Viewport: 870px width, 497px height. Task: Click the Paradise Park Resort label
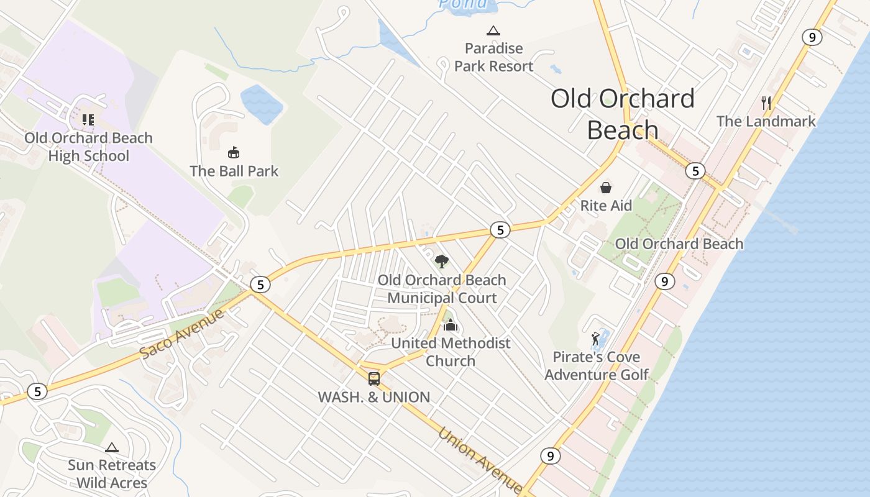point(493,57)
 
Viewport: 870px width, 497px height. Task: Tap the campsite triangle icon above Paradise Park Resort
point(493,30)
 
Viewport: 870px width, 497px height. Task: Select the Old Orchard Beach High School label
point(88,147)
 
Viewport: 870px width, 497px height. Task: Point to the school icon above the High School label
point(88,119)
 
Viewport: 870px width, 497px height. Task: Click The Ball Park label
point(234,171)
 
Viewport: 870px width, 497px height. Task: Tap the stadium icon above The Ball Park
point(234,152)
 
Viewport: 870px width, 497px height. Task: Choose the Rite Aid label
point(606,206)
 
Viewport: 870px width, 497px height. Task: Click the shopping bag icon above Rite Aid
point(606,187)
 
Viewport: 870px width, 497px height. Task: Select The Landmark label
point(766,121)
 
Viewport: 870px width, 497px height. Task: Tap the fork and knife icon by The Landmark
point(766,103)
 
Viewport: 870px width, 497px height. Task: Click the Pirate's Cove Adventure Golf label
point(597,366)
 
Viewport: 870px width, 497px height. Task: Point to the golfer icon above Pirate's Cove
point(596,339)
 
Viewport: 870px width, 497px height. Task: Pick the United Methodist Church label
point(451,352)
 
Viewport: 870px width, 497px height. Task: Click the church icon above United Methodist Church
point(451,324)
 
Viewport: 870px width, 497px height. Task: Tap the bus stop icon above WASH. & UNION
point(374,378)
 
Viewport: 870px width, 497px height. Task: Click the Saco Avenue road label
point(181,334)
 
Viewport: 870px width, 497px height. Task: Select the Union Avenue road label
point(479,459)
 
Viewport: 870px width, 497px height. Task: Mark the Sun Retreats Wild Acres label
point(112,474)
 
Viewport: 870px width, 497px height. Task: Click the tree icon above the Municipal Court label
point(441,261)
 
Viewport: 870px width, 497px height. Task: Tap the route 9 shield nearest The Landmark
point(812,37)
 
